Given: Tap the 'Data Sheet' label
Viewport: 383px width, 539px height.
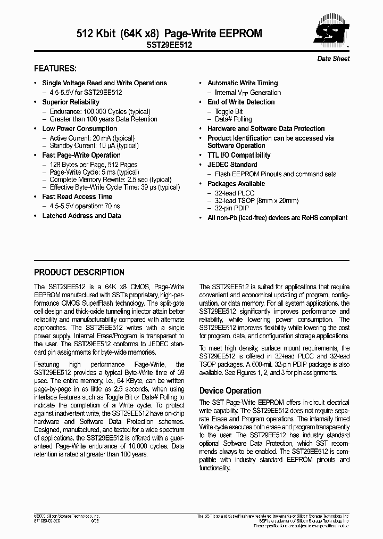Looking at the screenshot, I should coord(334,59).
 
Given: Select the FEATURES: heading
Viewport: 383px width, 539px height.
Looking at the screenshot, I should coord(55,69).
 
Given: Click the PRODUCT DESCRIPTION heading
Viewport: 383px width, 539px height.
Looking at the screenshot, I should coord(79,272).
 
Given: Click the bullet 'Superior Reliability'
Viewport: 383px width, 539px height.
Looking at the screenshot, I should coord(71,102).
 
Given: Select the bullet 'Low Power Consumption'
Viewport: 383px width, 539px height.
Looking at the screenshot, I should coord(80,128).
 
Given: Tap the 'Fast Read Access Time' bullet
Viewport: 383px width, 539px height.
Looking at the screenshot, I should coord(77,197).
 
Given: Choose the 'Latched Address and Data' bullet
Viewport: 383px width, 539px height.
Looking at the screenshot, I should coord(81,216).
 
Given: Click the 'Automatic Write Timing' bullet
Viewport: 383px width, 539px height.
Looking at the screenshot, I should coord(243,83).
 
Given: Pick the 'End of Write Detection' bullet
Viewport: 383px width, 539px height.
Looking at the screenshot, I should coord(241,102).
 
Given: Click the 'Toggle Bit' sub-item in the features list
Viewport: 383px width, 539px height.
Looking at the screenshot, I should coord(229,111).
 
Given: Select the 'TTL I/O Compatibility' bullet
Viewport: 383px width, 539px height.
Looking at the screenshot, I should coord(239,155).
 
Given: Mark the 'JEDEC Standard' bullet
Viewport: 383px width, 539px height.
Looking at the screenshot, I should coord(232,165).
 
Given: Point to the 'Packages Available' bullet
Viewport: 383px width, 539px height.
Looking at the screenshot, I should coord(236,184).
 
